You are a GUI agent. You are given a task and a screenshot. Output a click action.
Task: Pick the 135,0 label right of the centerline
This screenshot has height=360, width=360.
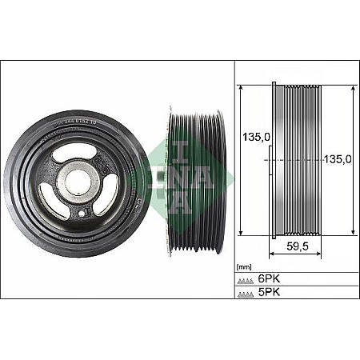338,159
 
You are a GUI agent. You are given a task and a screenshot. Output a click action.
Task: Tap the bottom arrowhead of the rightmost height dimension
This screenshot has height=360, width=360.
353,234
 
